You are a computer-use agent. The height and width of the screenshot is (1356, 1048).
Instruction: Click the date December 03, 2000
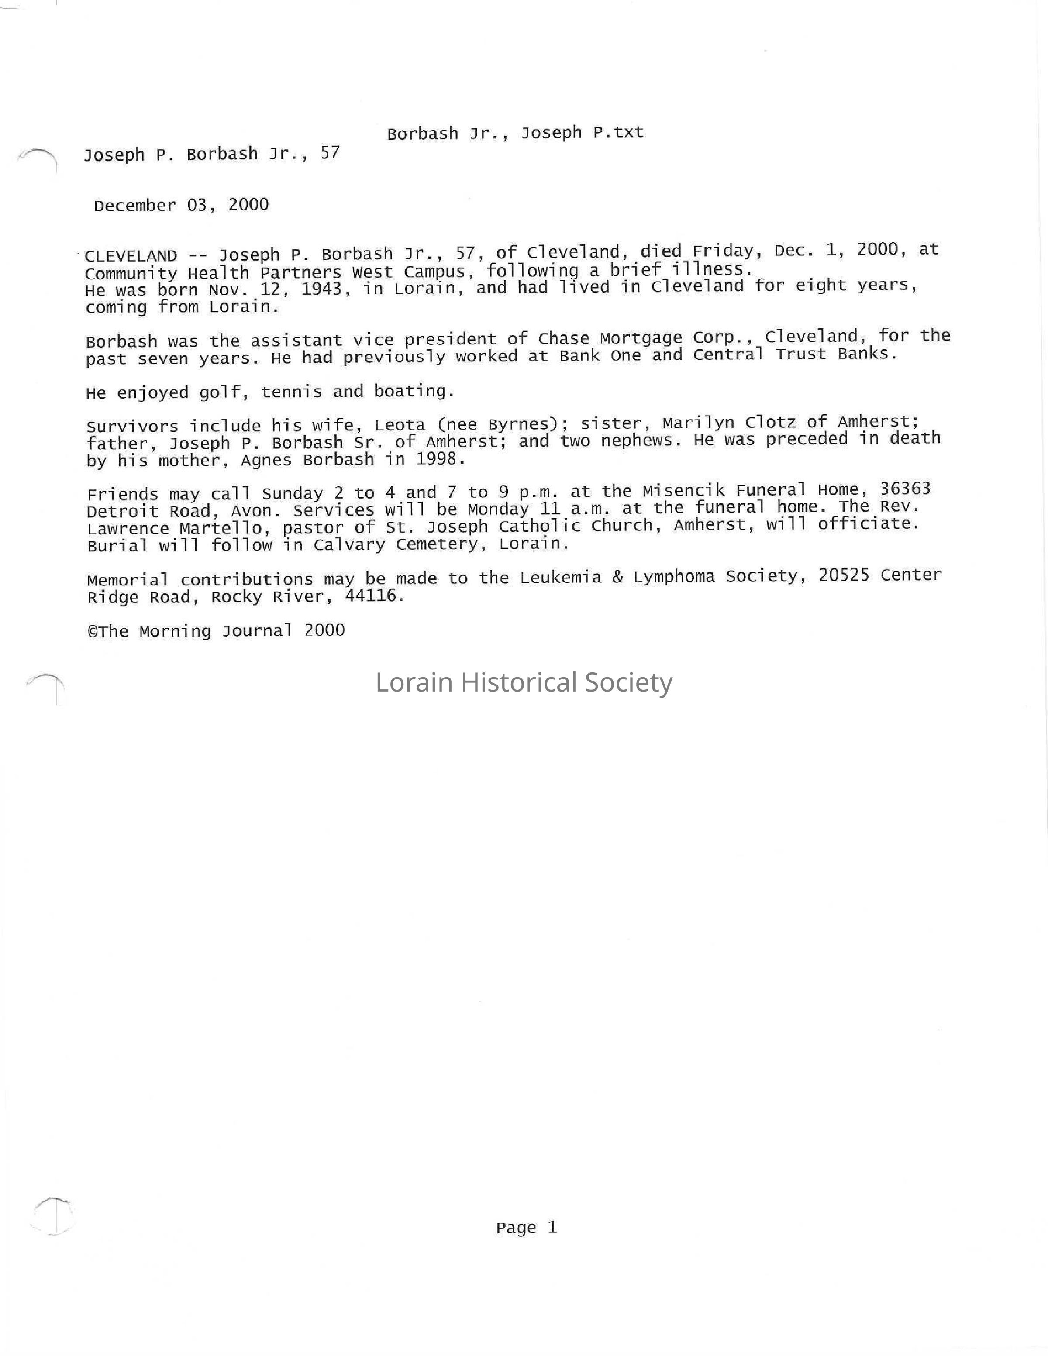click(181, 206)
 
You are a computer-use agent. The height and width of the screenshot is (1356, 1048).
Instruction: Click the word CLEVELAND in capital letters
click(131, 256)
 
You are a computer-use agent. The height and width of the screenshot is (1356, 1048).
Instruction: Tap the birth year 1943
click(321, 289)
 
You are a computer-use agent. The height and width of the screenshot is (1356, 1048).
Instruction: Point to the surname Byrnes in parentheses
click(519, 425)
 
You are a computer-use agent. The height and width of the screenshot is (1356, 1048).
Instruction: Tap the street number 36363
click(905, 489)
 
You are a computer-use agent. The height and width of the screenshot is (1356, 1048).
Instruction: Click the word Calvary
click(349, 545)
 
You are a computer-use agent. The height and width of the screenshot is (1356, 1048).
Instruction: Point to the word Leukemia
click(561, 578)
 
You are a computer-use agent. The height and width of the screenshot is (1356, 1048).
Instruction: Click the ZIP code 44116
click(371, 596)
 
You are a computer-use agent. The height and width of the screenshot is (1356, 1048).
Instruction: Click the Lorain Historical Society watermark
click(524, 682)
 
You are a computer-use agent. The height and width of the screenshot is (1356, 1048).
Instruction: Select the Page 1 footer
click(527, 1228)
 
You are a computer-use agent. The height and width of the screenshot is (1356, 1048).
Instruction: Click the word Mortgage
click(641, 339)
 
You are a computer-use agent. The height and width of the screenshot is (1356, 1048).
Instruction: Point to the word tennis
click(291, 392)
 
